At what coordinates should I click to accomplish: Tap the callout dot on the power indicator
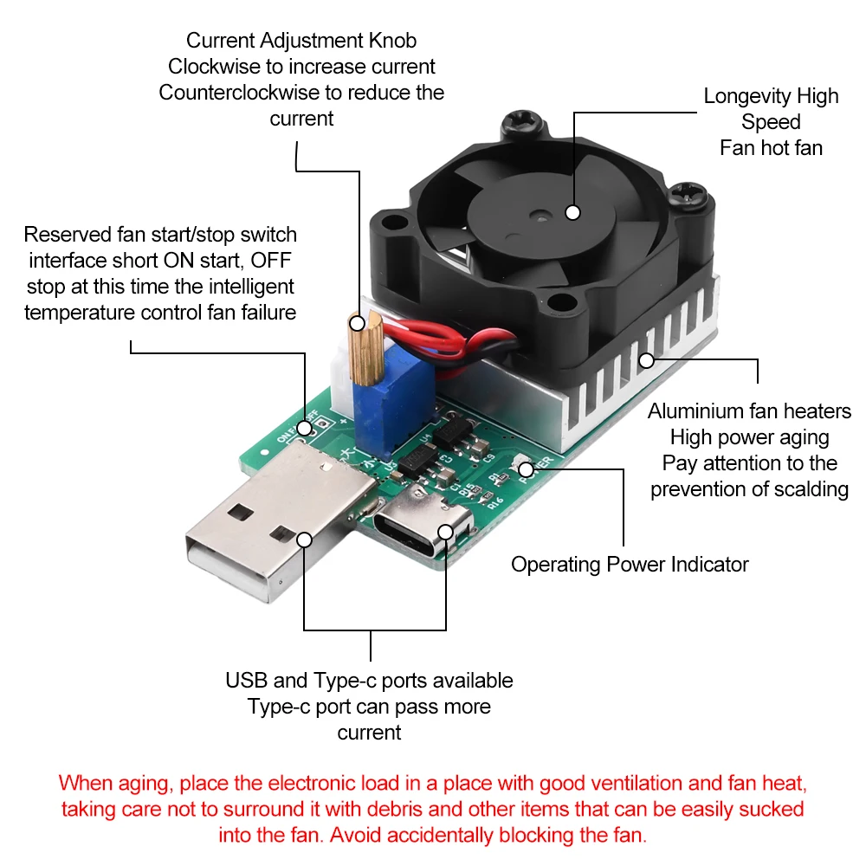(x=526, y=469)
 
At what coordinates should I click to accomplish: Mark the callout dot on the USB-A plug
(x=304, y=539)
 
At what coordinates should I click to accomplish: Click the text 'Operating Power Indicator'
(x=630, y=565)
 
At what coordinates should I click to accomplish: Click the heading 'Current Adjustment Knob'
(x=301, y=40)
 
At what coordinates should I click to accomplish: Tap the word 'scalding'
(x=805, y=489)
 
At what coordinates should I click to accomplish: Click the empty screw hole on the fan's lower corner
(x=564, y=303)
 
